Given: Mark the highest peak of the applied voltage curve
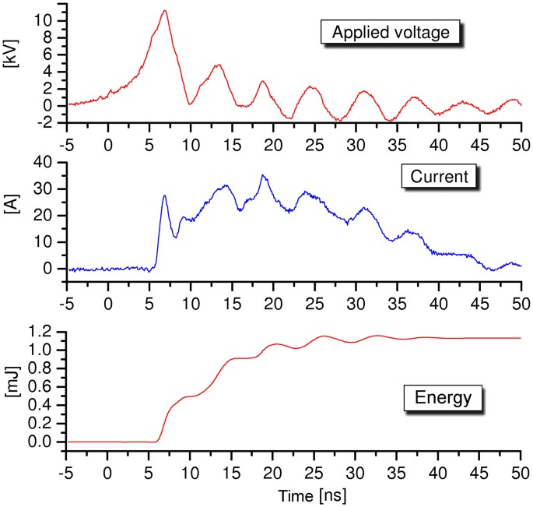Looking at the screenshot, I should click(164, 11).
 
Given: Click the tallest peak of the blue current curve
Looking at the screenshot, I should click(263, 175).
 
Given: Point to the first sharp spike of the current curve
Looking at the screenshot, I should click(164, 195).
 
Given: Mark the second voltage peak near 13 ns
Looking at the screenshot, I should click(219, 65).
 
